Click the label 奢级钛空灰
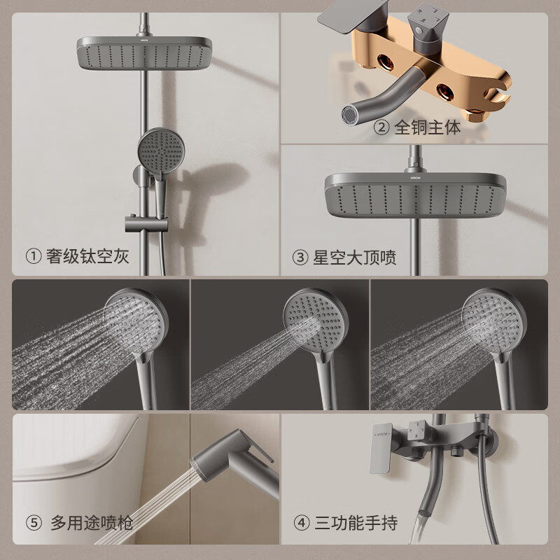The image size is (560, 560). pyautogui.click(x=87, y=257)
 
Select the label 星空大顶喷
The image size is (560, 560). pyautogui.click(x=353, y=258)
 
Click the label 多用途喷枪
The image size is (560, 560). pyautogui.click(x=91, y=522)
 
